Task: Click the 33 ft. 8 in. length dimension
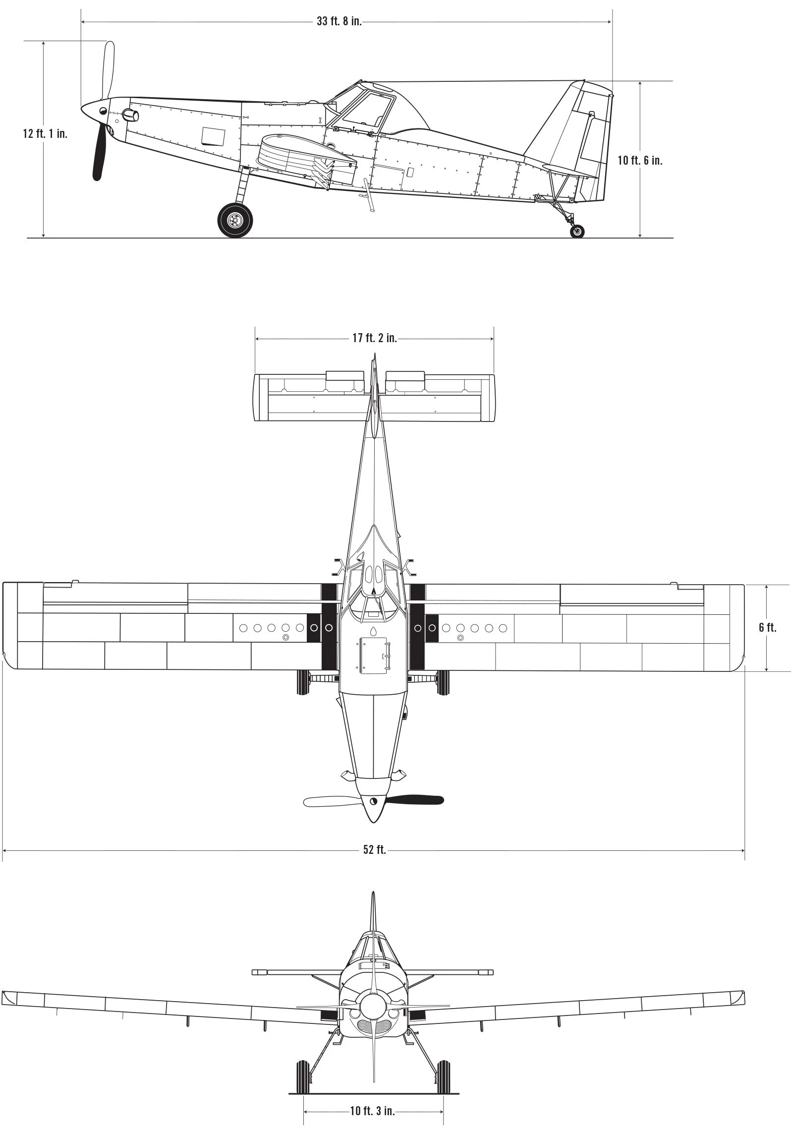(x=340, y=22)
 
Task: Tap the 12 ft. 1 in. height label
(x=45, y=134)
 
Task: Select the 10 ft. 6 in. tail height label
(x=640, y=161)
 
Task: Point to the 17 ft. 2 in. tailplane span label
(x=375, y=338)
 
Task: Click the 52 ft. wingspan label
(x=375, y=850)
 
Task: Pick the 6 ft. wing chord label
(x=767, y=628)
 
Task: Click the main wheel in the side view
(x=235, y=220)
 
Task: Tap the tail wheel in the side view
(x=577, y=231)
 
